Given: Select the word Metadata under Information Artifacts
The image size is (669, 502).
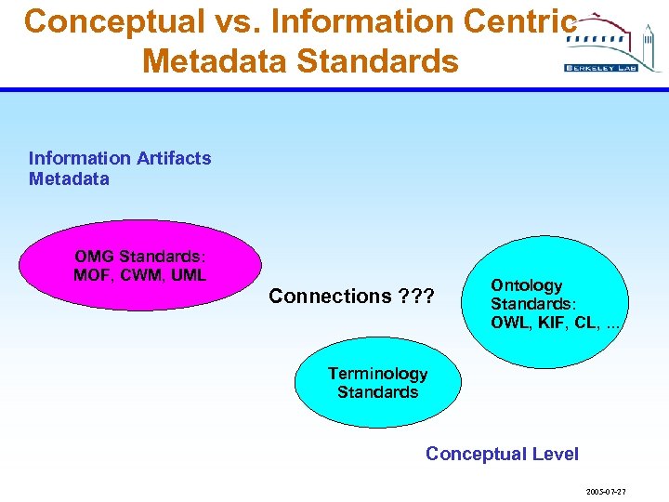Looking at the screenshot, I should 69,178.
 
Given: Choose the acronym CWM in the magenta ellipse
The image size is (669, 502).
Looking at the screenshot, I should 138,274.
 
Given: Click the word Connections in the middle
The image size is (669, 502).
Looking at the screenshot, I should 330,297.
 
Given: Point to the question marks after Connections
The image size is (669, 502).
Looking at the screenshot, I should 414,297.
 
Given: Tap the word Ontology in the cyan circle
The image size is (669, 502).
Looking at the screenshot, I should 527,285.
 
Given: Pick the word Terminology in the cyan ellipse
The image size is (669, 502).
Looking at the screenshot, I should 377,374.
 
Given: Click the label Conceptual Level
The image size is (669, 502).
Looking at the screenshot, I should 502,454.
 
